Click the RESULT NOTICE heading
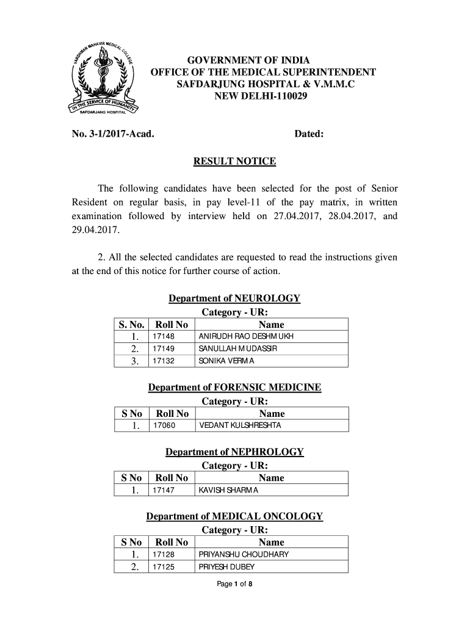coord(234,162)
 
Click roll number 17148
coord(164,337)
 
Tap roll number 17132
coord(164,361)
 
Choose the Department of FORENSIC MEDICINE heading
coord(235,388)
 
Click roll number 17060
coord(164,425)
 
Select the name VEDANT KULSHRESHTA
coord(240,425)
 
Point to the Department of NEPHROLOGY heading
coord(235,452)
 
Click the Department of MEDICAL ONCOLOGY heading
coord(235,516)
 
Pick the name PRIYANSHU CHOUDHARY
coord(244,555)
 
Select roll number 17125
coord(164,567)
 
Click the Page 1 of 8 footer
coord(235,585)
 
